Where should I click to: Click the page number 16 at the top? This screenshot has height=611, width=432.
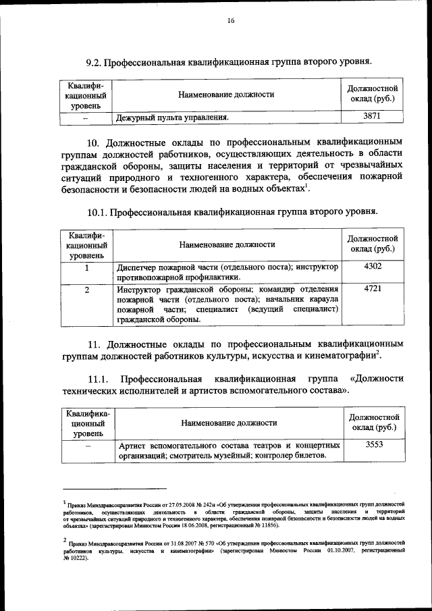230,21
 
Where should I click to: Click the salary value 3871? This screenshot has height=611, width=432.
372,117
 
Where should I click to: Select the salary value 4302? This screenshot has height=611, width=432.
372,267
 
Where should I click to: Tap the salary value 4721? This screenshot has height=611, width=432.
372,290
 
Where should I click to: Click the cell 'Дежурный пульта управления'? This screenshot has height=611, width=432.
172,117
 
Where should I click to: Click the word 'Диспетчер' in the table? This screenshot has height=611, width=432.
138,267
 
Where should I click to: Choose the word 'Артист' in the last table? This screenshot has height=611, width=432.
132,446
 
